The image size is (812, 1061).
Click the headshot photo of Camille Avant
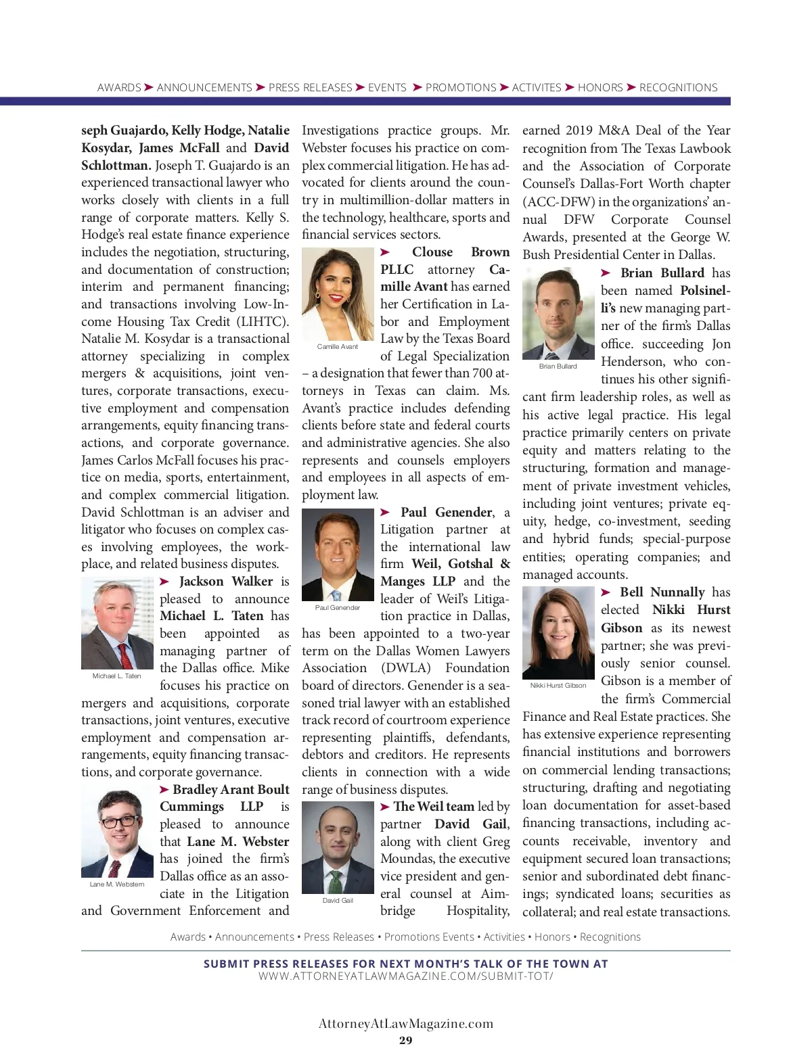[x=338, y=294]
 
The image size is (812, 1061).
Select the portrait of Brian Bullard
[x=558, y=314]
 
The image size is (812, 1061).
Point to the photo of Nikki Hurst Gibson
[x=558, y=633]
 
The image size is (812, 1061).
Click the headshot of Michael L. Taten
[x=117, y=623]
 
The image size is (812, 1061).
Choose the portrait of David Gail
[x=338, y=848]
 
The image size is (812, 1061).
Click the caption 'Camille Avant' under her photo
[x=338, y=347]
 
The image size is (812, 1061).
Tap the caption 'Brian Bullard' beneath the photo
[x=558, y=367]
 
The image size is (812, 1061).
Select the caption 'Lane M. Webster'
[x=117, y=884]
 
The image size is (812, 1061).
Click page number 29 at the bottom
[x=406, y=1041]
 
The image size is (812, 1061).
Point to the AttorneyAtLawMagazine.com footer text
[x=406, y=1024]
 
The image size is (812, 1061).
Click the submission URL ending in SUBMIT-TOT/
[x=406, y=976]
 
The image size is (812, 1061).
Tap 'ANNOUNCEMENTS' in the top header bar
[x=204, y=88]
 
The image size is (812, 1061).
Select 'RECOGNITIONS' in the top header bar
[x=678, y=88]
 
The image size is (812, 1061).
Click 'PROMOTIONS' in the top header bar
[x=461, y=88]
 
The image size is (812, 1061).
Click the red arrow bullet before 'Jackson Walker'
[x=165, y=582]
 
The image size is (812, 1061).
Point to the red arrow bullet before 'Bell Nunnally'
[x=606, y=592]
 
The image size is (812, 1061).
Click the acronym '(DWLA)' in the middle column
[x=406, y=668]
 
